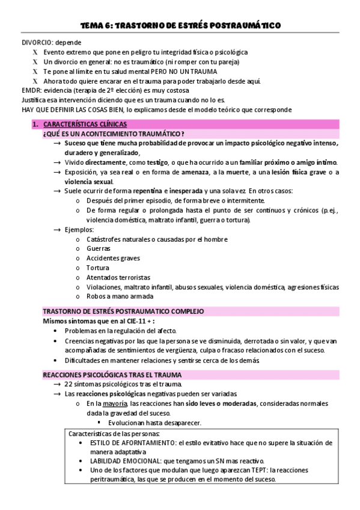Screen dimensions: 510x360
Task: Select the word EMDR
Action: pyautogui.click(x=31, y=91)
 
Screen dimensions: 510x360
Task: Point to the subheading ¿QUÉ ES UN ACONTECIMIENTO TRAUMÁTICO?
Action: pyautogui.click(x=114, y=133)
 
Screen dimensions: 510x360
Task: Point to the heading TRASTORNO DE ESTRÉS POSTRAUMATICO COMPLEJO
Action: pyautogui.click(x=123, y=312)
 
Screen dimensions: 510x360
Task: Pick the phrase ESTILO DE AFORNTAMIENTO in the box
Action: pyautogui.click(x=125, y=442)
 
